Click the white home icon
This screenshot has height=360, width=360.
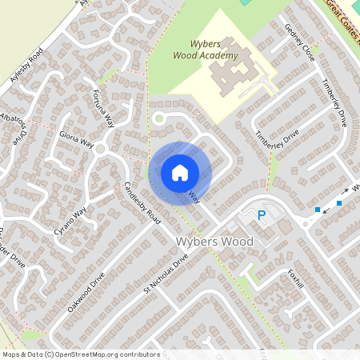tap(180, 172)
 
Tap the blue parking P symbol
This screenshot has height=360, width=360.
tap(261, 214)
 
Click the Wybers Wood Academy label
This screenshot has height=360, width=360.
tap(206, 50)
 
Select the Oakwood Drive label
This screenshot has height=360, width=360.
tap(86, 293)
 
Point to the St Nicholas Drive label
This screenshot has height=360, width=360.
tap(166, 274)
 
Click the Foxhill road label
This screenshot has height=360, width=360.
tap(294, 283)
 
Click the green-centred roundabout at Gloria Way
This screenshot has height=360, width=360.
tap(100, 149)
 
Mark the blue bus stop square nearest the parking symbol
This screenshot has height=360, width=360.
tap(318, 210)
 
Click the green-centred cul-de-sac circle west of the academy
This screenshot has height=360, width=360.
tap(158, 119)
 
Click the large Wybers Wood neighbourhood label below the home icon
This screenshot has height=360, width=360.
tap(214, 241)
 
